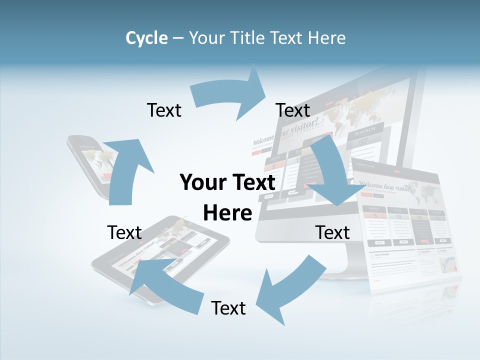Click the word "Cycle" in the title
click(x=146, y=38)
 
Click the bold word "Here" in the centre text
click(x=227, y=213)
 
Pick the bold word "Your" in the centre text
click(x=199, y=183)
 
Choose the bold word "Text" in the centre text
click(x=251, y=183)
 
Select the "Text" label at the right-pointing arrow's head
click(x=293, y=110)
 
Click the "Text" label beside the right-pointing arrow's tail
click(x=164, y=110)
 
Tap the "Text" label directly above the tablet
click(x=124, y=232)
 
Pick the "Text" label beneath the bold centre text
click(x=228, y=308)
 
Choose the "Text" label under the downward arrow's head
click(x=332, y=232)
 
